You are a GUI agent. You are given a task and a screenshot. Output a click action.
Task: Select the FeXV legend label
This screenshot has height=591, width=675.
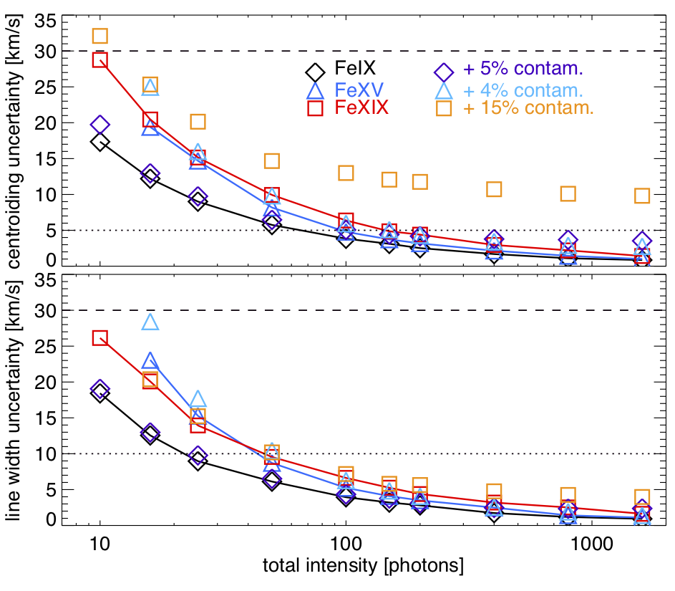pos(355,90)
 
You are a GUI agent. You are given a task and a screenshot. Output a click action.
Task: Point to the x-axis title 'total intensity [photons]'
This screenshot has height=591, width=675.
pos(362,566)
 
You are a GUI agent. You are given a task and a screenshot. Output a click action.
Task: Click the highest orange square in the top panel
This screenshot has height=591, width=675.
pos(100,36)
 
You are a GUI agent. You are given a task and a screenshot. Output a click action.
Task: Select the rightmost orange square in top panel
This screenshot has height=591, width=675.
pos(642,196)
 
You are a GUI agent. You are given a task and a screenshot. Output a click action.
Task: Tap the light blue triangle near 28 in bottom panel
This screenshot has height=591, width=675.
pos(150,322)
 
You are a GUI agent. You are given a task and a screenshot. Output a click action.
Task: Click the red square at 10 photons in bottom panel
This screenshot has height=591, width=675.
pos(100,338)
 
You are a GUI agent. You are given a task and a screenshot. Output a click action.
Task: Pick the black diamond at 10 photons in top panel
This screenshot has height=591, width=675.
pos(100,142)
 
